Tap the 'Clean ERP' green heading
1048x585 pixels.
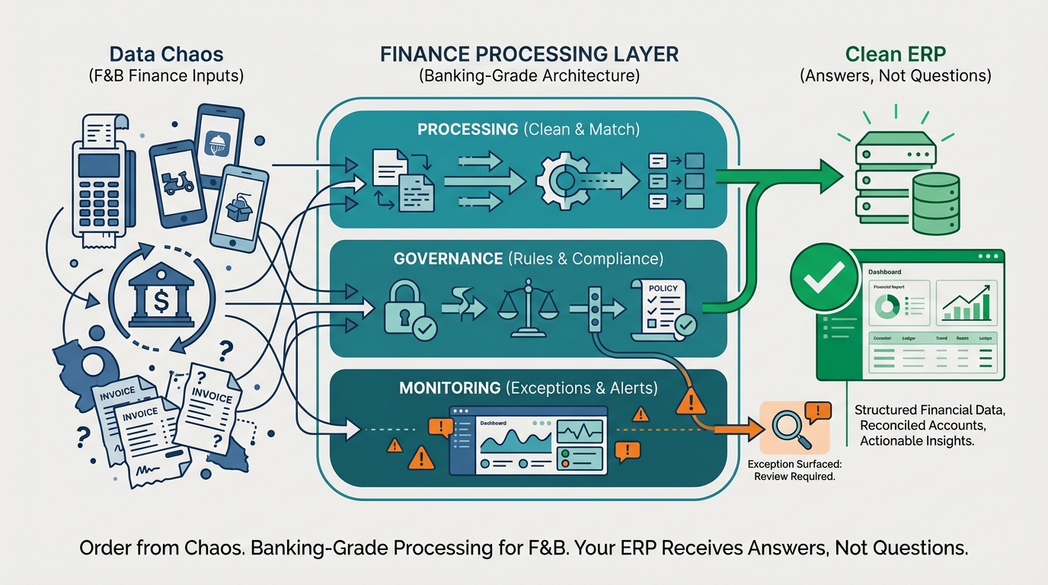[x=895, y=54]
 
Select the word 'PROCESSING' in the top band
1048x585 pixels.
[x=468, y=129]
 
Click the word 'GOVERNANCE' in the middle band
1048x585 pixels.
[x=449, y=259]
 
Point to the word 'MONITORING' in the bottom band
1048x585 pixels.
[x=449, y=388]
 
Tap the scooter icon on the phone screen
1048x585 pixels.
[x=177, y=184]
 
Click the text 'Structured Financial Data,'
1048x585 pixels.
[x=929, y=411]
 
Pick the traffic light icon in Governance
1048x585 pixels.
[x=595, y=306]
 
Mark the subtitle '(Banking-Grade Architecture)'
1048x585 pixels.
[x=529, y=76]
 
